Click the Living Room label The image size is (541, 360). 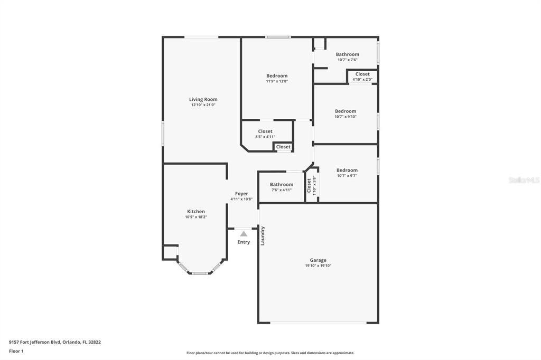click(x=203, y=99)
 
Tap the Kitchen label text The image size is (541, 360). click(x=195, y=211)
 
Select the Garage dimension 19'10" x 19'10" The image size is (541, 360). click(x=318, y=266)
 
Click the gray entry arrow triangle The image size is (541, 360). click(x=243, y=233)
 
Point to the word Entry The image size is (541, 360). click(x=243, y=242)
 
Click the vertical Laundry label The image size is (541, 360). click(x=263, y=235)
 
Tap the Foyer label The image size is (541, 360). click(x=241, y=194)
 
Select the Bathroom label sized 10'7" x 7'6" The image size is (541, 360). click(x=347, y=54)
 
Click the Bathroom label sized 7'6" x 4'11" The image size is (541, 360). click(x=281, y=185)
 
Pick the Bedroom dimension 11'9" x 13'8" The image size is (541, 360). click(x=277, y=81)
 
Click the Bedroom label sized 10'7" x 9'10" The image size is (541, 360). click(x=345, y=111)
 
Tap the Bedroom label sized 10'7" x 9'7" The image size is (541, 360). click(x=347, y=170)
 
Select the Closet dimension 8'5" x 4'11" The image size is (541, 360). click(x=265, y=137)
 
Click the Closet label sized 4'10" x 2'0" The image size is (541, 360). click(x=362, y=74)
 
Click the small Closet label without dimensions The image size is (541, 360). click(x=283, y=147)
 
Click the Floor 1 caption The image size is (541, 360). click(x=16, y=350)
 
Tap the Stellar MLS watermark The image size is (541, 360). click(x=524, y=180)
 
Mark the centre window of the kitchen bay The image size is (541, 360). click(x=200, y=273)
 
